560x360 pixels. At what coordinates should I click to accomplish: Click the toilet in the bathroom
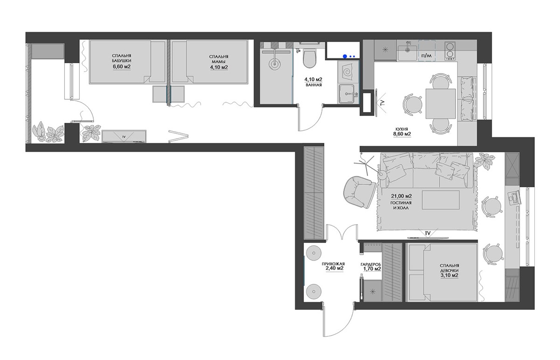(309, 59)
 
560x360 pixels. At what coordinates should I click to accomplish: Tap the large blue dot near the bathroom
(345, 56)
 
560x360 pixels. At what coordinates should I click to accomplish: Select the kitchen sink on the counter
(407, 53)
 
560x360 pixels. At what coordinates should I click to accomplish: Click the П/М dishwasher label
(427, 56)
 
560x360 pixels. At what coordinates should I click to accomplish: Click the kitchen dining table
(441, 104)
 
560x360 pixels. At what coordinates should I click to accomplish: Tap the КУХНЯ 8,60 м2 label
(402, 132)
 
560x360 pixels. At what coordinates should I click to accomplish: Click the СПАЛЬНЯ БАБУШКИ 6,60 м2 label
(122, 61)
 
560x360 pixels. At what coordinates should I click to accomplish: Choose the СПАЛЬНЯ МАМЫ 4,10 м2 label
(219, 62)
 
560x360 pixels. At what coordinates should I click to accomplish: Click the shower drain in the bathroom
(274, 65)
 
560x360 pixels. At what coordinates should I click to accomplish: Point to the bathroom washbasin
(347, 93)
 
